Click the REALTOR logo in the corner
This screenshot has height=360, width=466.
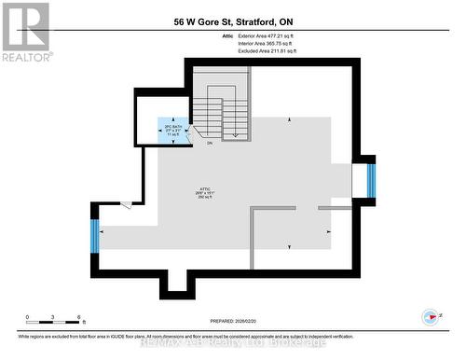25,31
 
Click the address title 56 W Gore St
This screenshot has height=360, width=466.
232,21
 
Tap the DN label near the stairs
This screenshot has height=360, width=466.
210,143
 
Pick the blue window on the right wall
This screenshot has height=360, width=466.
370,181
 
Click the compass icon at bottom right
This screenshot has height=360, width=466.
431,316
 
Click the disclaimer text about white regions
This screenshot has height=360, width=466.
233,335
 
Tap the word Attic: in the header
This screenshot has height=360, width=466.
229,35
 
